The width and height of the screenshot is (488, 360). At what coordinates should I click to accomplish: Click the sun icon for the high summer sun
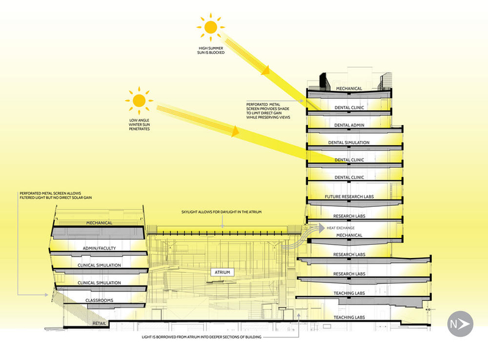coord(210,27)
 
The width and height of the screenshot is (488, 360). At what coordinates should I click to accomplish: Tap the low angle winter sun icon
coord(138,99)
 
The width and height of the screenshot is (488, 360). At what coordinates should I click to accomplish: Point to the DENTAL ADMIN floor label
coord(350,124)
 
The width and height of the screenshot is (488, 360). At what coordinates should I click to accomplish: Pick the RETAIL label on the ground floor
coord(100,323)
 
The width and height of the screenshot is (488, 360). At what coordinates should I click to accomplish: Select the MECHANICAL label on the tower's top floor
coord(350,88)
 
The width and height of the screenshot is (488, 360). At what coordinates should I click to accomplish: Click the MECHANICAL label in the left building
coord(99,223)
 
